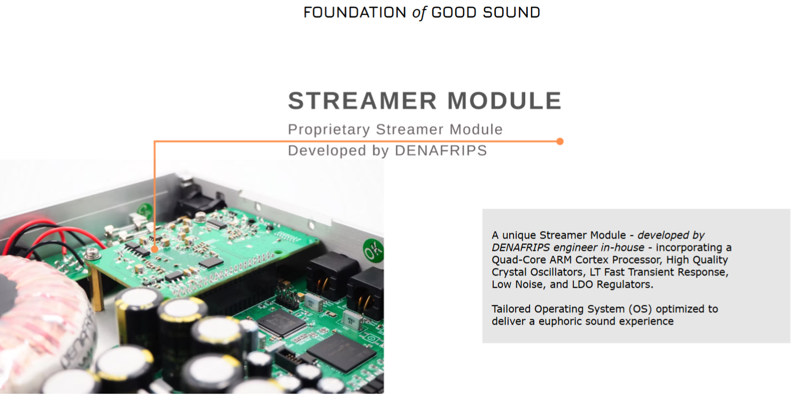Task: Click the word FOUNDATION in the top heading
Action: (x=355, y=13)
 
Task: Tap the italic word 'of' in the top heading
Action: (x=419, y=13)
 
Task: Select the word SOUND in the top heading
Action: (x=511, y=13)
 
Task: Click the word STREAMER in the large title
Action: (x=362, y=101)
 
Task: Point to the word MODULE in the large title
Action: (x=504, y=101)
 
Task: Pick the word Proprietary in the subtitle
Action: (x=329, y=130)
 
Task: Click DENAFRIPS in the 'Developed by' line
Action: (x=441, y=150)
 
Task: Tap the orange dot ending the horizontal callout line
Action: (x=560, y=142)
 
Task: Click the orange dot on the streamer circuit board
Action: (x=155, y=249)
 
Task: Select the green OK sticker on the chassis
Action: (x=373, y=250)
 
